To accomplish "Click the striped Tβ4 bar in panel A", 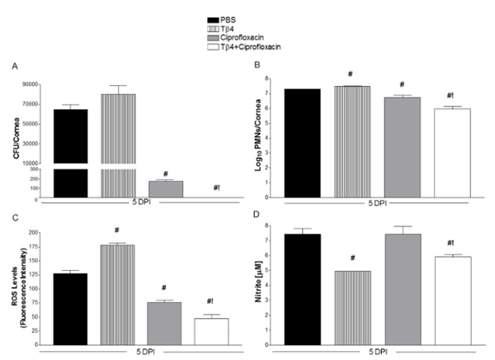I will (x=118, y=140).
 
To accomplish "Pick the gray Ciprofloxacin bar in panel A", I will (x=166, y=189).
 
